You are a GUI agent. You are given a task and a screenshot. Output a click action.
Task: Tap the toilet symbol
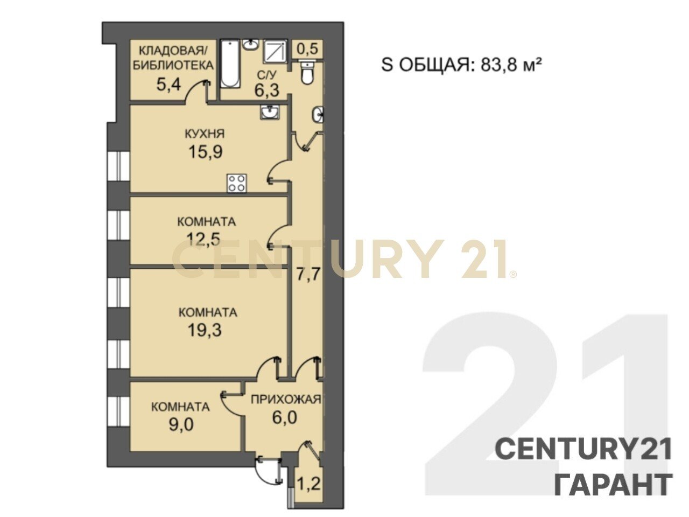[x=307, y=73]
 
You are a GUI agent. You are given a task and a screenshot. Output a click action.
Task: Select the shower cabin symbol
[x=275, y=51]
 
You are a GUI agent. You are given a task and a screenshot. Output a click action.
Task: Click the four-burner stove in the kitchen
[x=237, y=183]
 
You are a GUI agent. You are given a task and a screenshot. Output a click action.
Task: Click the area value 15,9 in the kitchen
[x=205, y=152]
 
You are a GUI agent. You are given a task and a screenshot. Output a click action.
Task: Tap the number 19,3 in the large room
[x=205, y=330]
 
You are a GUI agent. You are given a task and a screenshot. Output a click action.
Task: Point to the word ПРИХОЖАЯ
[x=286, y=399]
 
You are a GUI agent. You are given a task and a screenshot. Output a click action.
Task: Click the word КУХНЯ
[x=205, y=134]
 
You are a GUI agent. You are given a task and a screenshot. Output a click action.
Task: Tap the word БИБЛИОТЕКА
[x=173, y=65]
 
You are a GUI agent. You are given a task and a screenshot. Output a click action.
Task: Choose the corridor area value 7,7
[x=309, y=275]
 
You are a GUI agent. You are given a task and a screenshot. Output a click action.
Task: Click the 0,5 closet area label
[x=307, y=50]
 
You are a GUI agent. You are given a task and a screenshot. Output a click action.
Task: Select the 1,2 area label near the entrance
[x=309, y=484]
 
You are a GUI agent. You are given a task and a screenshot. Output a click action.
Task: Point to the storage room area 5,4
[x=169, y=84]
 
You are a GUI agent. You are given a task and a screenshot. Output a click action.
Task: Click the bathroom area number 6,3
[x=267, y=90]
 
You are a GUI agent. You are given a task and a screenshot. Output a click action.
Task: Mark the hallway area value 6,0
[x=284, y=418]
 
